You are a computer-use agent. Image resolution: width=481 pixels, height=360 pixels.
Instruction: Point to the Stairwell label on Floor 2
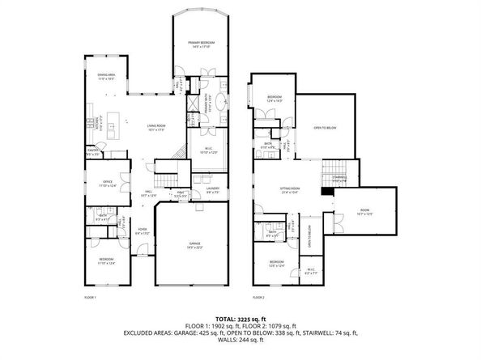coord(338,178)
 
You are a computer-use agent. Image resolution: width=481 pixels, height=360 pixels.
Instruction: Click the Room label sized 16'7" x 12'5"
coord(386,213)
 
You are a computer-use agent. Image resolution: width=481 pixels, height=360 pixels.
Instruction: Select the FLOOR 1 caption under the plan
coord(91,298)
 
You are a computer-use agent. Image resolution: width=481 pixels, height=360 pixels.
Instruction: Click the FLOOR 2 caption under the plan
coord(257,298)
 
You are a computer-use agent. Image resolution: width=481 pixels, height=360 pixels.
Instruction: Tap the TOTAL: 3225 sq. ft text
coord(240,319)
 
